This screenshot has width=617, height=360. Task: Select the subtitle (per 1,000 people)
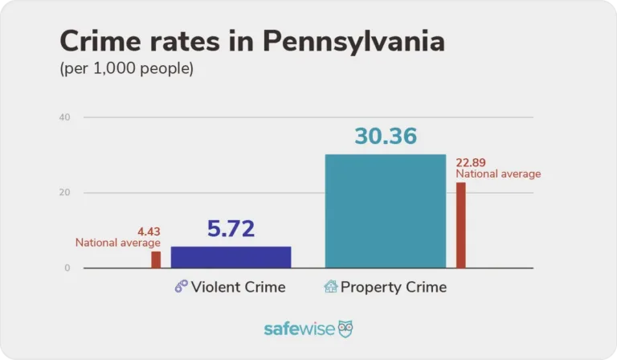coord(126,69)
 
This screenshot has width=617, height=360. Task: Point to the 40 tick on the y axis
coord(65,117)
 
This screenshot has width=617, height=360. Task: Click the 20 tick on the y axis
coord(65,193)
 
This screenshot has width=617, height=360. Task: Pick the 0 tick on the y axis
coord(67,268)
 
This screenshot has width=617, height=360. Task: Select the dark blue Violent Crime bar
coord(231,257)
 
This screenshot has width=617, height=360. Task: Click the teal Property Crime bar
coord(385,211)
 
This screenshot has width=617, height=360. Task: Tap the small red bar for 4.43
coord(156,260)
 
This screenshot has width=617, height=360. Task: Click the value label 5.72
coord(231,229)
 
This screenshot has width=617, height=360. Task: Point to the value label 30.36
coord(386,136)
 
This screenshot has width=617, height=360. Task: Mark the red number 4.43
coord(149,232)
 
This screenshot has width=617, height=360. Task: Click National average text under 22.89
coord(498,174)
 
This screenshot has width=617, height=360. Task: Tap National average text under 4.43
coord(118,243)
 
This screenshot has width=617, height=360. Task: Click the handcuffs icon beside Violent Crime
coord(181,287)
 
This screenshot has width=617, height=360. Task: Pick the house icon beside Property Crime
coord(330,287)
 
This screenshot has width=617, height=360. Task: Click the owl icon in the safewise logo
coord(345,329)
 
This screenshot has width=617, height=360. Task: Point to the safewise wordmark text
coord(300,329)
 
